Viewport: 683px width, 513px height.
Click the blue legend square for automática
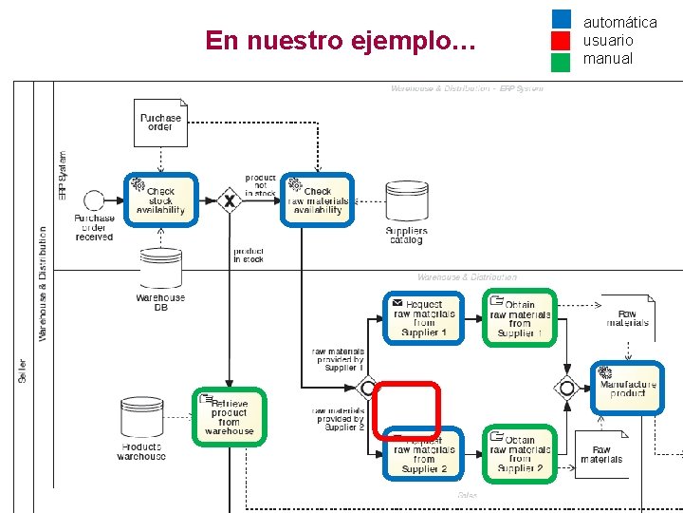[561, 19]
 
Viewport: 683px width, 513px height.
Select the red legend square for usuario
[561, 41]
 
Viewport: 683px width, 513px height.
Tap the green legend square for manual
[561, 62]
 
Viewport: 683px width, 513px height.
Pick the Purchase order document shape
[160, 123]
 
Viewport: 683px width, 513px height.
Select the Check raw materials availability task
[318, 199]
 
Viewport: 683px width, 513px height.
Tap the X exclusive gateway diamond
[229, 200]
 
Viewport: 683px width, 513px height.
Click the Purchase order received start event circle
[94, 200]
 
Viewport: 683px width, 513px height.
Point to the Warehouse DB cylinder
[160, 270]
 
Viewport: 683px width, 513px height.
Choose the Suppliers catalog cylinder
[406, 201]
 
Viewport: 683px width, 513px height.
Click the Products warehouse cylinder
[141, 419]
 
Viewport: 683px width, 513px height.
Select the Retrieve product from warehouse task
[229, 416]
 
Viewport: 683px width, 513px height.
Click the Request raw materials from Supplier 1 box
[424, 317]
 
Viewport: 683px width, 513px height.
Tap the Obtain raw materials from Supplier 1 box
[519, 317]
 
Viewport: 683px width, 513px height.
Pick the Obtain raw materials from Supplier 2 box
[519, 452]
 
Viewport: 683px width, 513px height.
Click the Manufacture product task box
[627, 388]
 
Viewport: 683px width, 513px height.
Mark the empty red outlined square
[406, 411]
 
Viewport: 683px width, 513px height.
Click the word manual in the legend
[607, 59]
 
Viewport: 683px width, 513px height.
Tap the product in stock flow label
[249, 256]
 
